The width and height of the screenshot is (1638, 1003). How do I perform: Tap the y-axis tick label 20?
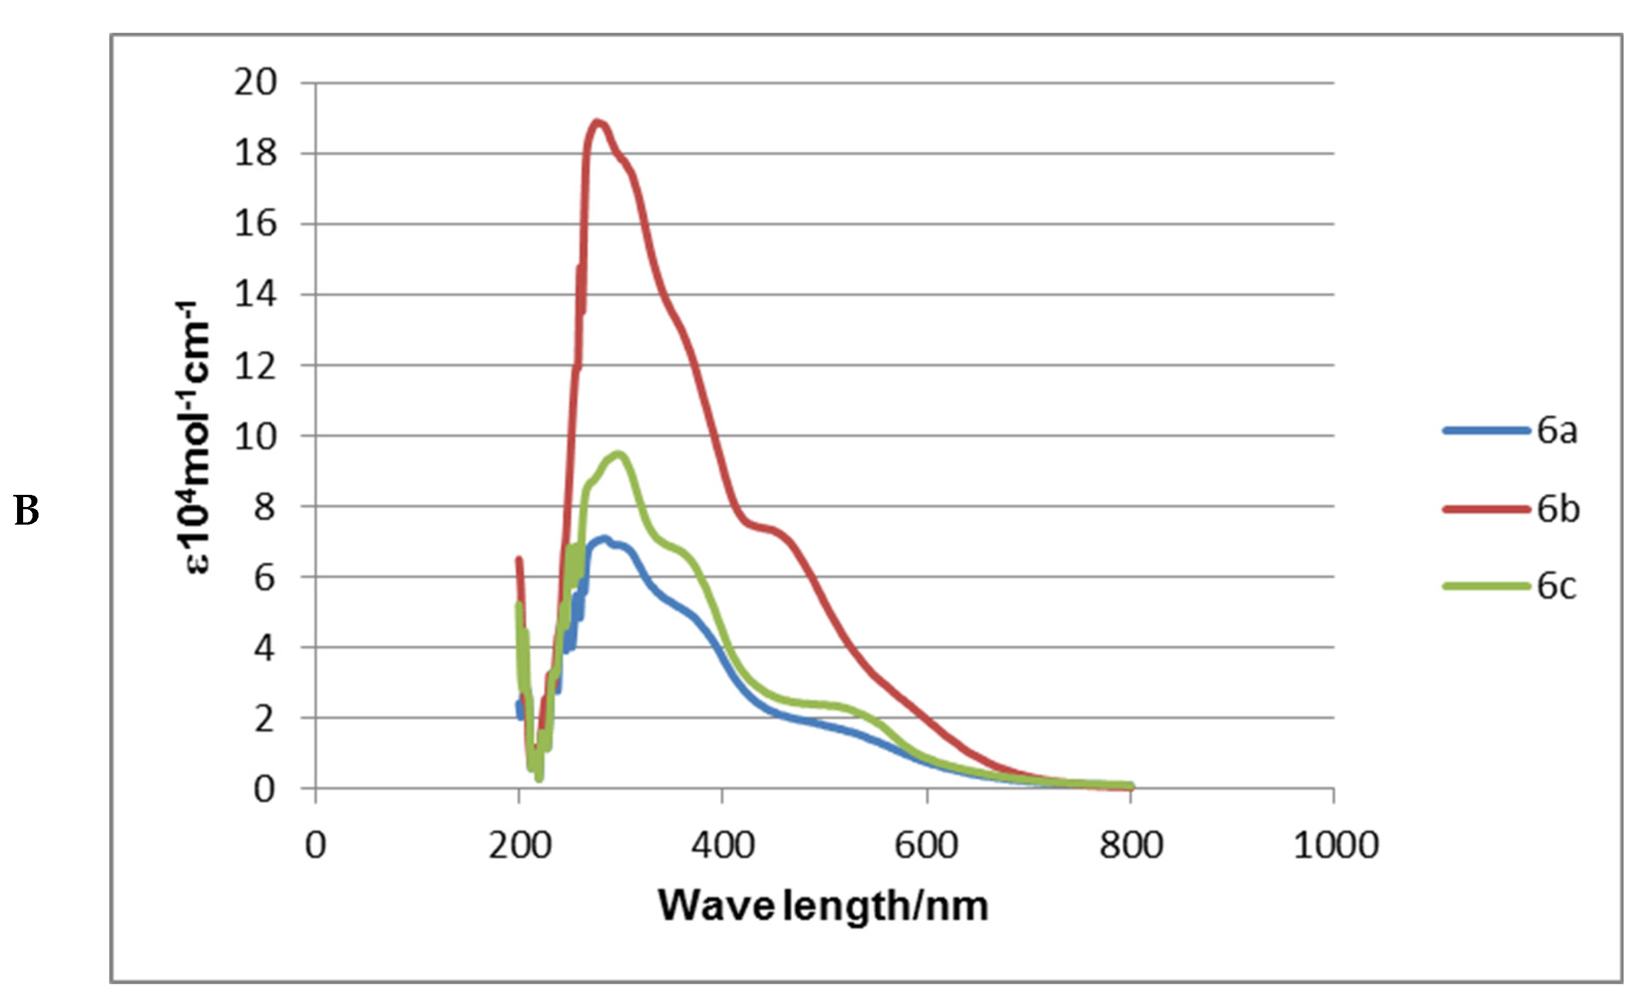(x=255, y=83)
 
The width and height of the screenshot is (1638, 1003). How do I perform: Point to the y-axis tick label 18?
(x=255, y=154)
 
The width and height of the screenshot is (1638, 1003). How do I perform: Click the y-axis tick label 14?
(x=255, y=295)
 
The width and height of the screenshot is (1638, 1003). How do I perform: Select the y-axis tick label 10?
(x=255, y=436)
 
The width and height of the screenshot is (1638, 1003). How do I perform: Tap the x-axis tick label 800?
(x=1131, y=846)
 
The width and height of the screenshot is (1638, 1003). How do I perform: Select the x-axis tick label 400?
(x=723, y=846)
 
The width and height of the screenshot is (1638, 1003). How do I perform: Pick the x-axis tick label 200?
(x=519, y=846)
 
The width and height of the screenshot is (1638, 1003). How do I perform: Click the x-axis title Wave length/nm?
(x=823, y=906)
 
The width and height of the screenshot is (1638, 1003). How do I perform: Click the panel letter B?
(x=26, y=510)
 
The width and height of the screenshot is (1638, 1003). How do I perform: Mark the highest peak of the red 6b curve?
(x=598, y=122)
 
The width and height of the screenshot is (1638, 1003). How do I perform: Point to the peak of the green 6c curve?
(x=619, y=455)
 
